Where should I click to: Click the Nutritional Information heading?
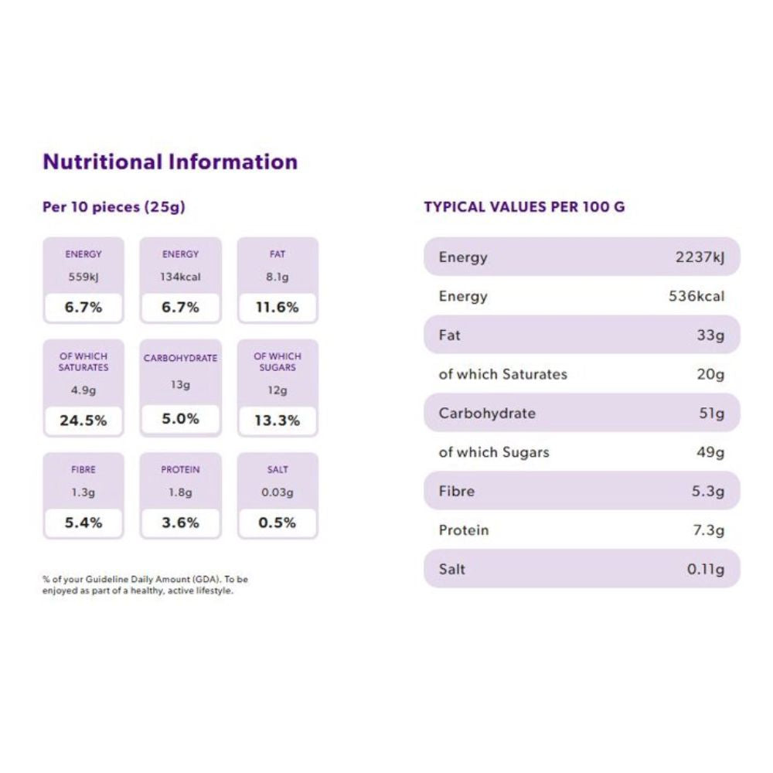(170, 162)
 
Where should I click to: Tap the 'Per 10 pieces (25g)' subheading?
(114, 207)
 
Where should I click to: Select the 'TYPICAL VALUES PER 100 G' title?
(524, 207)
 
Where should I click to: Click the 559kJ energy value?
(83, 277)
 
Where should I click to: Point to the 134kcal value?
(180, 277)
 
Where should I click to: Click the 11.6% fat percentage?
(278, 307)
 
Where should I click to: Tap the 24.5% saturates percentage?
(83, 421)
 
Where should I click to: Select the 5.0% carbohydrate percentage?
(180, 419)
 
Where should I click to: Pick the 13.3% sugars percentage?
(278, 421)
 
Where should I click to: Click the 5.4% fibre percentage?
(83, 523)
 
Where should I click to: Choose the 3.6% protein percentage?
(180, 523)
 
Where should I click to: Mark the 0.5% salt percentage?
(278, 523)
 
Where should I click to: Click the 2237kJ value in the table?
(700, 257)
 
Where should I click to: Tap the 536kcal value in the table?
(696, 296)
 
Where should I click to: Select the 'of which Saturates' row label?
(502, 374)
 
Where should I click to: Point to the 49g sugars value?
(710, 452)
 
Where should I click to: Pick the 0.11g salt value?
(705, 569)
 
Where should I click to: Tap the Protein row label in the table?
(464, 530)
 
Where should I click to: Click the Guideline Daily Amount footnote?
(145, 584)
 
